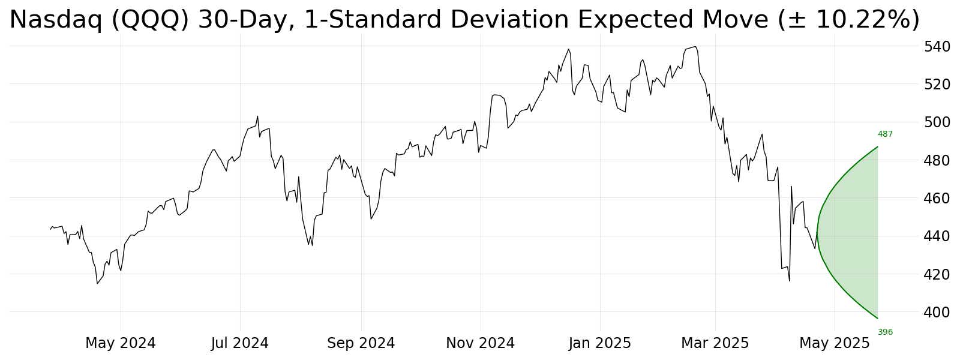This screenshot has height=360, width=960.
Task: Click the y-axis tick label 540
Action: [937, 46]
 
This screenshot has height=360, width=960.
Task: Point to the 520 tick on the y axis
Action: [937, 84]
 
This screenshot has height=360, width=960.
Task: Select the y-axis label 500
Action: [937, 122]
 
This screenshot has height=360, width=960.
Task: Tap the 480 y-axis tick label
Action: [937, 160]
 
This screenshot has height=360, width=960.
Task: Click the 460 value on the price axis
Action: [937, 198]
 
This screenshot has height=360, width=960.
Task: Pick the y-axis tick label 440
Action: [937, 236]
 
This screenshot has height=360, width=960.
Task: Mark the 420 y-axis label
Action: [937, 274]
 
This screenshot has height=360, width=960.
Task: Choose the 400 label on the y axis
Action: [937, 312]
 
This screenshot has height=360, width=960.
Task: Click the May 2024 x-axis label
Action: [120, 343]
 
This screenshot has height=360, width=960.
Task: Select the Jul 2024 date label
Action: [240, 343]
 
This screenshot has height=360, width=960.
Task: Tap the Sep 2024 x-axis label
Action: [361, 343]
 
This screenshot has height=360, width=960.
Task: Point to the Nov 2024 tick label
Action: [480, 343]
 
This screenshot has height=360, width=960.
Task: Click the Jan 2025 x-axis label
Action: [600, 343]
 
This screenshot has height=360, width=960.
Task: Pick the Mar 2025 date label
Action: [715, 343]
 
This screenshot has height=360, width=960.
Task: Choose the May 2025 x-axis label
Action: [834, 343]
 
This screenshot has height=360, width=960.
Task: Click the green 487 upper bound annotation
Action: [885, 134]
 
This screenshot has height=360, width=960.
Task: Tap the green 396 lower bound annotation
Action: [885, 332]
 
